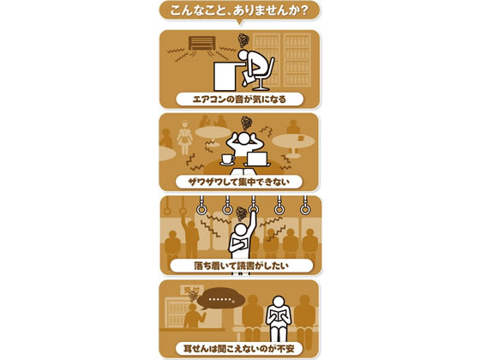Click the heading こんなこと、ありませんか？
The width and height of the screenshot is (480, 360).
click(x=239, y=11)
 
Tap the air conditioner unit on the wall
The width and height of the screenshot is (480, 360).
click(x=201, y=43)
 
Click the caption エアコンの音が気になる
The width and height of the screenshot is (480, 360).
click(x=239, y=99)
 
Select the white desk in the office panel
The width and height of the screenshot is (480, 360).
click(x=225, y=76)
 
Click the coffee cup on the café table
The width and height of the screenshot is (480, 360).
click(x=228, y=159)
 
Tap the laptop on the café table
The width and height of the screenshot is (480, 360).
click(x=257, y=159)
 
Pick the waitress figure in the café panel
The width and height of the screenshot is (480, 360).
click(x=185, y=138)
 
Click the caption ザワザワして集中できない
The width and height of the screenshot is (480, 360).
click(x=239, y=182)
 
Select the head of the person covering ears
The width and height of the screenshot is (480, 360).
click(x=243, y=138)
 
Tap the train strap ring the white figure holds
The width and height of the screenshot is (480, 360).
click(x=253, y=209)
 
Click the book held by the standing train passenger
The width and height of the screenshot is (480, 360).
click(x=239, y=244)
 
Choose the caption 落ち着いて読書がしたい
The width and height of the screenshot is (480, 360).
click(x=241, y=266)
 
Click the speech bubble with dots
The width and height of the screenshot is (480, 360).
click(x=221, y=298)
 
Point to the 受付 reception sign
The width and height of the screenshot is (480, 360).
click(x=192, y=290)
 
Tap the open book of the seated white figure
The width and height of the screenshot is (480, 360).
click(x=279, y=315)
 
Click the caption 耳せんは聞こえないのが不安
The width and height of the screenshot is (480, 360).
click(x=239, y=349)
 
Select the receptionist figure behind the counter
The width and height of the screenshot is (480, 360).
click(x=194, y=316)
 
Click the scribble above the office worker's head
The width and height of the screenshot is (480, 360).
click(x=244, y=40)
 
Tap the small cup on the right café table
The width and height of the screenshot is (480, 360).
click(x=301, y=138)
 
